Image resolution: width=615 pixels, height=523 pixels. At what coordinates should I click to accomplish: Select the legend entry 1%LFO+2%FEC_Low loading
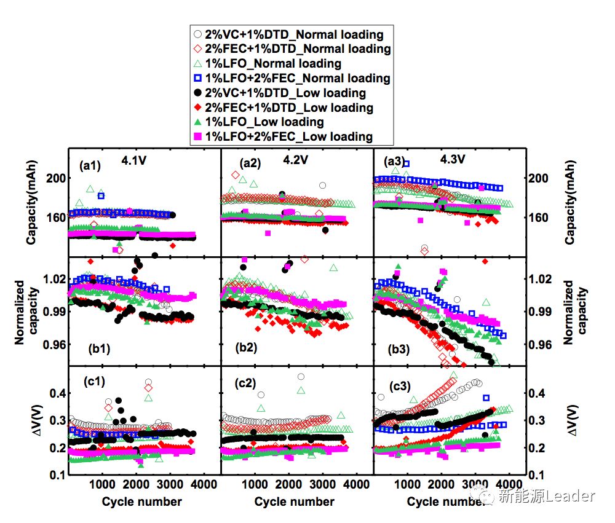coord(288,136)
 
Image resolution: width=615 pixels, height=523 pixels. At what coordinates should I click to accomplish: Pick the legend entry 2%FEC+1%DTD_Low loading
coord(288,108)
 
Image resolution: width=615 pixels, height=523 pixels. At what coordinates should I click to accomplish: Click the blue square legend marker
coord(197,78)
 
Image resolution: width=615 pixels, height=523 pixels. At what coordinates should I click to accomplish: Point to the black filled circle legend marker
coord(197,93)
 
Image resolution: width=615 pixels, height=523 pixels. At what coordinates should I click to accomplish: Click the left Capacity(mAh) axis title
coord(31,203)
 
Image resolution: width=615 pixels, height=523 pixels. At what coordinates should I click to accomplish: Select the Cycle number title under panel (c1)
coord(142,501)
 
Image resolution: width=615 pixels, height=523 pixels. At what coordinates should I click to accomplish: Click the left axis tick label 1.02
coord(53,278)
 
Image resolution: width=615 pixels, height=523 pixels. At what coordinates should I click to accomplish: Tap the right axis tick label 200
coord(540,179)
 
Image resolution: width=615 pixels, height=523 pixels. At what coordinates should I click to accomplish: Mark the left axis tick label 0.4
coord(57,393)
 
